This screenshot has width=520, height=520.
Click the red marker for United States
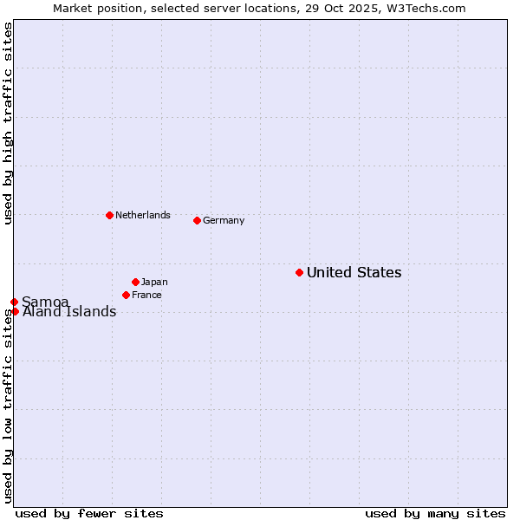299,272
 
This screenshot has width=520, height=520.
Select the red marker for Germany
197,220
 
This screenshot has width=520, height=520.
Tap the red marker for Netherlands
109,215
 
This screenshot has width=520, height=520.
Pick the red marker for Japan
135,282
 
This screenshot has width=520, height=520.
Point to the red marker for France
126,295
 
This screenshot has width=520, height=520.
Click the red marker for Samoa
14,302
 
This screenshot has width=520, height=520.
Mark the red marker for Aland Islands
15,311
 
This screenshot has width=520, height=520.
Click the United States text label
354,272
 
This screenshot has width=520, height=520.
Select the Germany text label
224,220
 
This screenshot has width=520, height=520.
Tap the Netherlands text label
143,215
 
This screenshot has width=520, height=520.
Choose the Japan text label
154,282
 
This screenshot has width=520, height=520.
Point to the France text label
146,295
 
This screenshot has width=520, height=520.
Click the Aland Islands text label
69,312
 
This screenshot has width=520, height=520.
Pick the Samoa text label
45,302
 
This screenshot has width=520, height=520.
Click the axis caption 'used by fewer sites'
89,513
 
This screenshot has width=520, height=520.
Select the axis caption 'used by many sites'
435,513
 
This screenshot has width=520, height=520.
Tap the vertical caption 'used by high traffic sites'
8,123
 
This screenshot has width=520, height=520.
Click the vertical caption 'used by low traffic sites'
8,405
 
